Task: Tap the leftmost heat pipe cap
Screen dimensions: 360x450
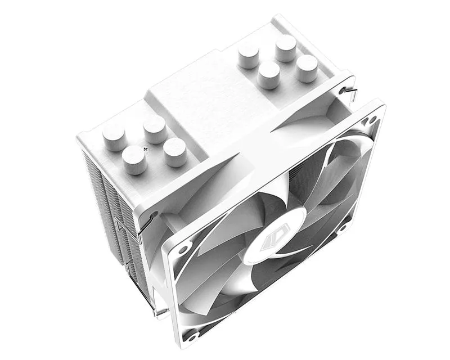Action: click(x=114, y=137)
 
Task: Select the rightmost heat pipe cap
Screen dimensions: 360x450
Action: click(x=307, y=68)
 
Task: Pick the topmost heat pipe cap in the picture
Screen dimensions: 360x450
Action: click(x=286, y=48)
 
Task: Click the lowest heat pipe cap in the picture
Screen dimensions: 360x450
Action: click(x=134, y=159)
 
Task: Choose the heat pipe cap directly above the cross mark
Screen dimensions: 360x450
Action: click(x=154, y=129)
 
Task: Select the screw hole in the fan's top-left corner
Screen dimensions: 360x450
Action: click(x=183, y=247)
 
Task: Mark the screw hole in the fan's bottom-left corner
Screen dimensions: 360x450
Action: click(x=193, y=335)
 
